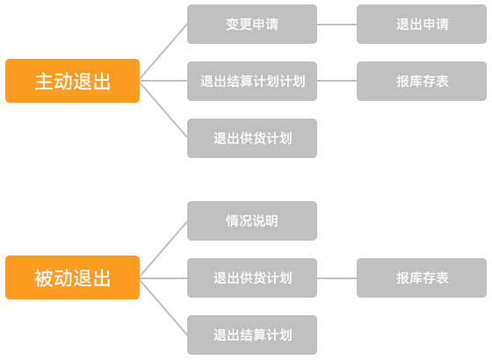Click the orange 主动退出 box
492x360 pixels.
click(x=72, y=81)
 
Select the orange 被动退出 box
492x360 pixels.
click(x=72, y=277)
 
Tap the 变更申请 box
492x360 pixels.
click(x=252, y=25)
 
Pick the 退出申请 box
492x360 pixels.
click(x=422, y=25)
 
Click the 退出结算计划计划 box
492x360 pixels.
click(x=252, y=81)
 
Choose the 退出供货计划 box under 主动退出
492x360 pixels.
click(x=252, y=139)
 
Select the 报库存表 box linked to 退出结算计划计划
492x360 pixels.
click(x=422, y=81)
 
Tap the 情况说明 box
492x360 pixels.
click(x=252, y=220)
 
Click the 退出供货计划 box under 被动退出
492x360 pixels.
click(x=252, y=277)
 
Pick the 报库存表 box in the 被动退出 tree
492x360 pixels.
click(x=422, y=277)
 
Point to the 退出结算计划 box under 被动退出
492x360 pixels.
click(x=252, y=335)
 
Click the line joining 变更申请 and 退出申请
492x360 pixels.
click(x=337, y=25)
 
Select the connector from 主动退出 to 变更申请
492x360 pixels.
click(x=163, y=52)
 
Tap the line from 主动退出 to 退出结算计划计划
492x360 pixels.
click(x=163, y=81)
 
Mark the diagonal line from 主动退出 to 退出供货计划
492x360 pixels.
click(x=163, y=110)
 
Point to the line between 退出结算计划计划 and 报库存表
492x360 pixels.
click(x=337, y=81)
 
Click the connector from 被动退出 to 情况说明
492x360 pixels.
click(x=163, y=249)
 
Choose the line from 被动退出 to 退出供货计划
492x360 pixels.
click(x=163, y=277)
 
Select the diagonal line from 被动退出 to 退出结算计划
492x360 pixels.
click(x=163, y=306)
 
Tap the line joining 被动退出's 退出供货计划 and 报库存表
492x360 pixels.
click(x=337, y=277)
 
